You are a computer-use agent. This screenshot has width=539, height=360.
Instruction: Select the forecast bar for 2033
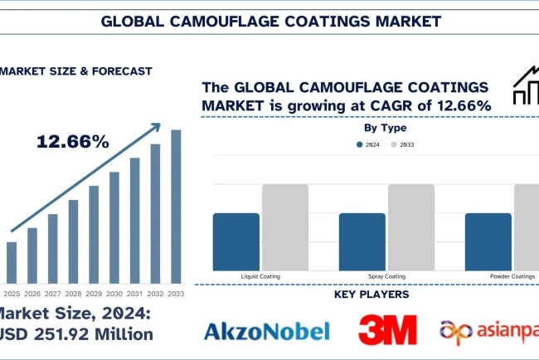tap(175, 207)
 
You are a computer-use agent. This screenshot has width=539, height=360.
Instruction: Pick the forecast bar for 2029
tap(94, 234)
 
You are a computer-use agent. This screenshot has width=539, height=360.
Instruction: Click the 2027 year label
tap(53, 292)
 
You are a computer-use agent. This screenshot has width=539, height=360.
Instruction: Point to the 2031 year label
tap(134, 292)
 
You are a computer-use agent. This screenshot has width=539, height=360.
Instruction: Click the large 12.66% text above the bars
tap(73, 142)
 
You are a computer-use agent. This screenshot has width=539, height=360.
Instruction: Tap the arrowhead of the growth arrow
tap(156, 128)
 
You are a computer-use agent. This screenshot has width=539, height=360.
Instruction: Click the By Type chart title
tap(385, 129)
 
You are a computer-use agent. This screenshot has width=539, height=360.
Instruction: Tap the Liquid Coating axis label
tap(260, 275)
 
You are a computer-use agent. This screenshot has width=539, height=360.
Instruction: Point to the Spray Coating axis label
tap(386, 275)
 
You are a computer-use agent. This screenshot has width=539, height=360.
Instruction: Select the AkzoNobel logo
tap(266, 331)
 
